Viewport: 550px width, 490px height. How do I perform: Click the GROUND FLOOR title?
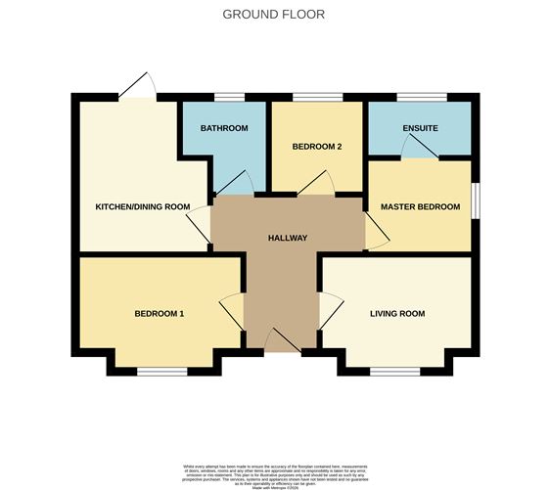click(274, 15)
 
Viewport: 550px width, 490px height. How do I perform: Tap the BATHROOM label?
click(224, 129)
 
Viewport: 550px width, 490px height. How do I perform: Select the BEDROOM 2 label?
click(316, 147)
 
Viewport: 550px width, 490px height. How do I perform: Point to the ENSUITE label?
click(420, 129)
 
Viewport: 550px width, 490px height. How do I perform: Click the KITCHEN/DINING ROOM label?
click(142, 207)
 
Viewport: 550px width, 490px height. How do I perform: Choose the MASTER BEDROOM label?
click(419, 207)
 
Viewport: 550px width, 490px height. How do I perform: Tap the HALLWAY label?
click(289, 239)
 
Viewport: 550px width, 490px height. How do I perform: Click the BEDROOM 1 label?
click(160, 314)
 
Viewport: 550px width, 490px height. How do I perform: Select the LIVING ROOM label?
click(396, 314)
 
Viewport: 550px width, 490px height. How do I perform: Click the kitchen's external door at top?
click(137, 88)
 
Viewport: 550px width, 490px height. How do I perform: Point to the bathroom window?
click(229, 96)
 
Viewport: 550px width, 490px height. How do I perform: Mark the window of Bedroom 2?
click(318, 96)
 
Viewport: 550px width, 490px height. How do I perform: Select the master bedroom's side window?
click(477, 206)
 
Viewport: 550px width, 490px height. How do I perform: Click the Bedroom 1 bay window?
click(161, 371)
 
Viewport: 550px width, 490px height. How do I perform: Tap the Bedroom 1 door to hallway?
click(233, 312)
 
